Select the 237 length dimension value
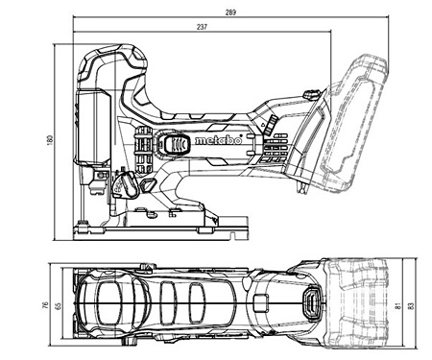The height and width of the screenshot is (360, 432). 200,28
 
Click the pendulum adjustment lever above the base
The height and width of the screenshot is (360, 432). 125,182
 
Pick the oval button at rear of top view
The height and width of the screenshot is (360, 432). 310,306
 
